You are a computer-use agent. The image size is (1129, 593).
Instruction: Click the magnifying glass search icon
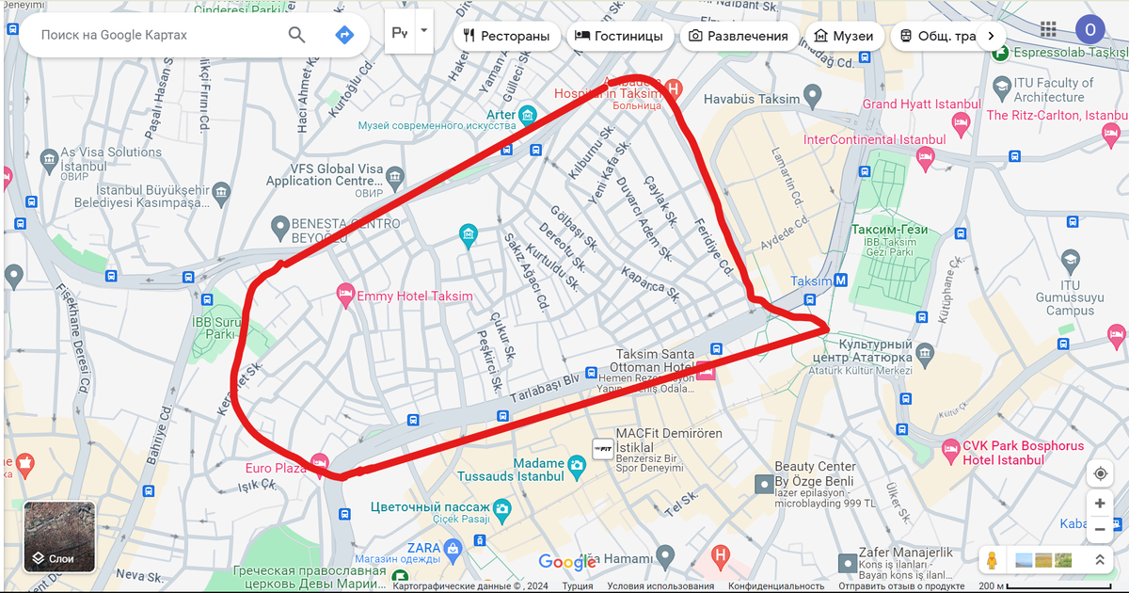tap(296, 35)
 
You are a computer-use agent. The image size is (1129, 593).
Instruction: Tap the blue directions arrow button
tap(344, 35)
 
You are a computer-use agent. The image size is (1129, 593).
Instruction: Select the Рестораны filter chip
tap(506, 36)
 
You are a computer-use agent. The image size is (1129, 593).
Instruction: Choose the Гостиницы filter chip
tap(619, 36)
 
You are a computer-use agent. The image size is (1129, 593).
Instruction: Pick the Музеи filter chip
tap(844, 36)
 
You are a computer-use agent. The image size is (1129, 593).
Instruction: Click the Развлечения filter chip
tap(739, 36)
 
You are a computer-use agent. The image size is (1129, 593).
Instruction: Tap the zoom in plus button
tap(1100, 504)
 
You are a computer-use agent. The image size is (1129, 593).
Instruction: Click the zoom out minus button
tap(1100, 530)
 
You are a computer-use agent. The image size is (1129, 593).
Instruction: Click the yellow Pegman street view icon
tap(991, 560)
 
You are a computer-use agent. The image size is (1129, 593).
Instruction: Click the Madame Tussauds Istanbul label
tap(511, 470)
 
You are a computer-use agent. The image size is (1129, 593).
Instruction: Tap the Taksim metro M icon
tap(841, 280)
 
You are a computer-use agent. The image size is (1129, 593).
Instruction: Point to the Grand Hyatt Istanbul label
tap(905, 104)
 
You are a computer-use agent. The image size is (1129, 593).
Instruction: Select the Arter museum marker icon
tap(528, 116)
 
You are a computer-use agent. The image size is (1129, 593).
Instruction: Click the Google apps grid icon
tap(1048, 29)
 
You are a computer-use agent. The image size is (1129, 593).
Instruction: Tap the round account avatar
tap(1089, 30)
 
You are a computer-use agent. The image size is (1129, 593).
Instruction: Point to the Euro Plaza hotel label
tap(275, 468)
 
